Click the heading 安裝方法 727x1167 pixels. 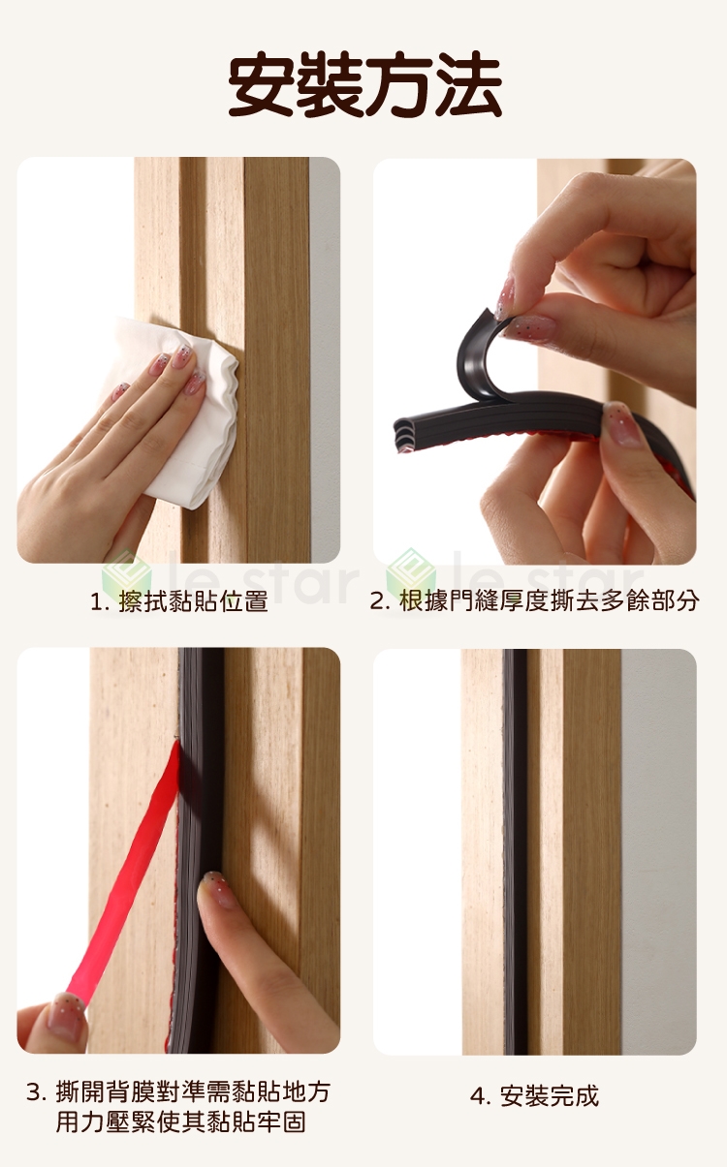[364, 85]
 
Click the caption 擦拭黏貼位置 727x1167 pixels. [193, 601]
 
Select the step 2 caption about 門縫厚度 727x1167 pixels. [550, 601]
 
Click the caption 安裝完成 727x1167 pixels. [550, 1096]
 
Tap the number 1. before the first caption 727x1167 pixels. [100, 602]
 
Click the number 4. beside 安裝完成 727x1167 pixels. [481, 1096]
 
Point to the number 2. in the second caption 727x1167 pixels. [380, 602]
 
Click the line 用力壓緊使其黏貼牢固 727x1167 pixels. [180, 1122]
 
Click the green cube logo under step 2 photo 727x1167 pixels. [411, 574]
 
